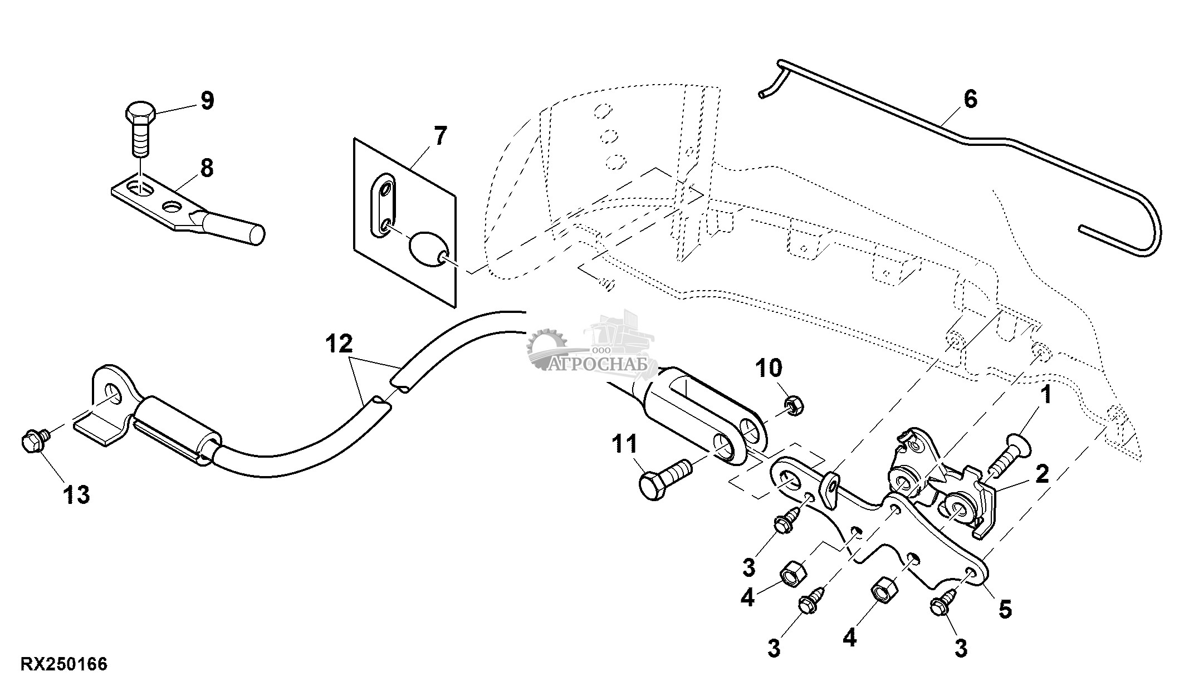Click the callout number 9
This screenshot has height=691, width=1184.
(x=207, y=101)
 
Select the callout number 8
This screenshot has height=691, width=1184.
(x=207, y=168)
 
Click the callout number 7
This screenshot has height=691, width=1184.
(x=439, y=136)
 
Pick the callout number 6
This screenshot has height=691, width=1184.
(x=970, y=99)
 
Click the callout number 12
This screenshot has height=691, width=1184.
(x=340, y=344)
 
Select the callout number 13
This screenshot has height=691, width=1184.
(x=76, y=494)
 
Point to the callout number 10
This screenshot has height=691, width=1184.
(x=769, y=368)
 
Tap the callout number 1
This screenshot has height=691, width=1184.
(x=1046, y=395)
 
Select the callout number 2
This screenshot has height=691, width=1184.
(x=1041, y=474)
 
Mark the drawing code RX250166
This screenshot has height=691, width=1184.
(x=64, y=664)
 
